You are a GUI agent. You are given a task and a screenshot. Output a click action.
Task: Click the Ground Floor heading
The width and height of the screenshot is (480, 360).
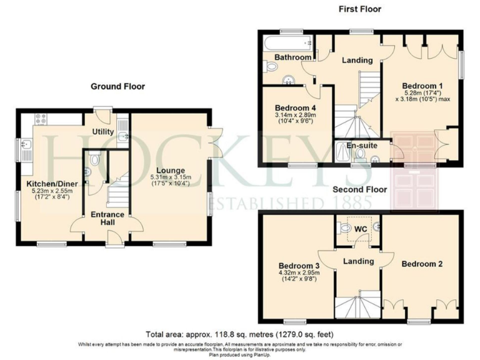117,86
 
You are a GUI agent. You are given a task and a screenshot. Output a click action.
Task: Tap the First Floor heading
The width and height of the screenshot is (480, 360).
359,9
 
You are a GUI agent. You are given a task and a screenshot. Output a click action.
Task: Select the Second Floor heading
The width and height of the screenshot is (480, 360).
359,189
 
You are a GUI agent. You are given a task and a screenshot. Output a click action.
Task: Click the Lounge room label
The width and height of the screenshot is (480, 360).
171,170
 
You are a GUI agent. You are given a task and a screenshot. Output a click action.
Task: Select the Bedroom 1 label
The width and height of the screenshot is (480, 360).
422,86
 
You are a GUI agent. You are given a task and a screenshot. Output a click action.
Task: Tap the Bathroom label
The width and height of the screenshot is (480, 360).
293,57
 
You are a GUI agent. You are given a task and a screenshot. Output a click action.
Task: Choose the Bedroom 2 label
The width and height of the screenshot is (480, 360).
422,264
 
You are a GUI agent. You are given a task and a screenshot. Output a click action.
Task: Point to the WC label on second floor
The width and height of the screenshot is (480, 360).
360,228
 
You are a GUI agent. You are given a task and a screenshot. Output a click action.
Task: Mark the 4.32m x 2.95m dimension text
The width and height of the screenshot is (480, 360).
298,273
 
